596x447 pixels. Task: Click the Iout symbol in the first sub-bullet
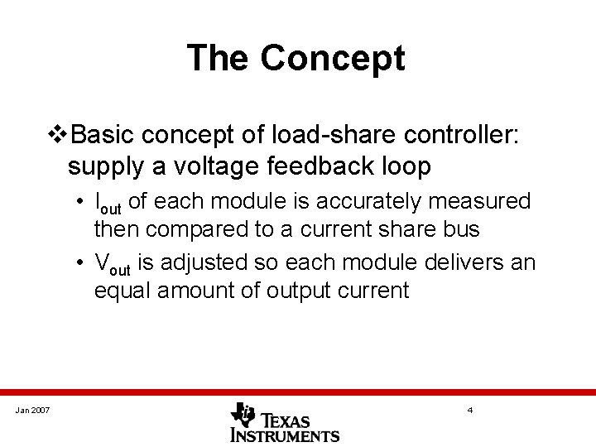click(108, 203)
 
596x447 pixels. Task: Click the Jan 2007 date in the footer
click(31, 410)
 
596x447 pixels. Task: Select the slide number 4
click(469, 410)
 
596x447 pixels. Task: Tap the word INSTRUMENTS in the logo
click(285, 435)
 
